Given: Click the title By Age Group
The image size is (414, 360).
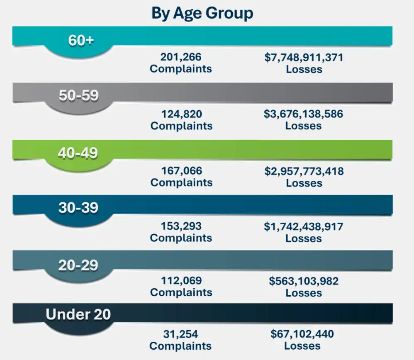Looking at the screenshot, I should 202,13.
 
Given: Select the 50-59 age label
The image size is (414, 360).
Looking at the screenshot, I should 78,96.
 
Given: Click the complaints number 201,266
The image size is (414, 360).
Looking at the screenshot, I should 181,57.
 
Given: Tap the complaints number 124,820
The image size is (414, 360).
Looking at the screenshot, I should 181,114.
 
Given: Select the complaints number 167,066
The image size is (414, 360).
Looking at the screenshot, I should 181,170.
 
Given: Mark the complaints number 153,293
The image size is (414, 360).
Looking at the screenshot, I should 181,226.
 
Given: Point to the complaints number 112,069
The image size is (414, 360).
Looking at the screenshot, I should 181,281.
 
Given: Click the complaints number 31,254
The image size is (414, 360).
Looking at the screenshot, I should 180,334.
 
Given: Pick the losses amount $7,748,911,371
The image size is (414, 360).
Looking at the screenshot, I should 304,57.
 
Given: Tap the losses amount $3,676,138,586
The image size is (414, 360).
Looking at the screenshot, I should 303,114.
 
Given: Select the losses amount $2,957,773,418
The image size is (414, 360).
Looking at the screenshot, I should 304,170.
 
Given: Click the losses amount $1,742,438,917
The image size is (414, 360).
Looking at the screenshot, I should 303,226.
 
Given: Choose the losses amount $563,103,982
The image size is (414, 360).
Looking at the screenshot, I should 304,281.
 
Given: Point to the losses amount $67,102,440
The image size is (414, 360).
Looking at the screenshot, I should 302,334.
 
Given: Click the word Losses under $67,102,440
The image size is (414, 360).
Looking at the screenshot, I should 302,346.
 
